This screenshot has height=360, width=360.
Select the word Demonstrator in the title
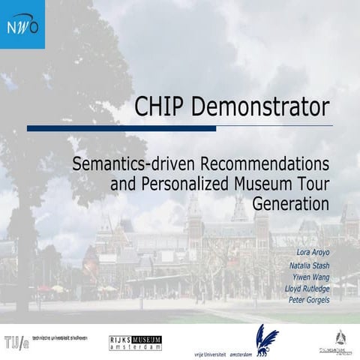coord(260,107)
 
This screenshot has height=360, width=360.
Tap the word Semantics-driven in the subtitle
coord(133,163)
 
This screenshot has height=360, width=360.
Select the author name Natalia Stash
coord(309,265)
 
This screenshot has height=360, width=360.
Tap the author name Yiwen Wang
coord(311,277)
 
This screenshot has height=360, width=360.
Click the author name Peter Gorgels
coord(309,300)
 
